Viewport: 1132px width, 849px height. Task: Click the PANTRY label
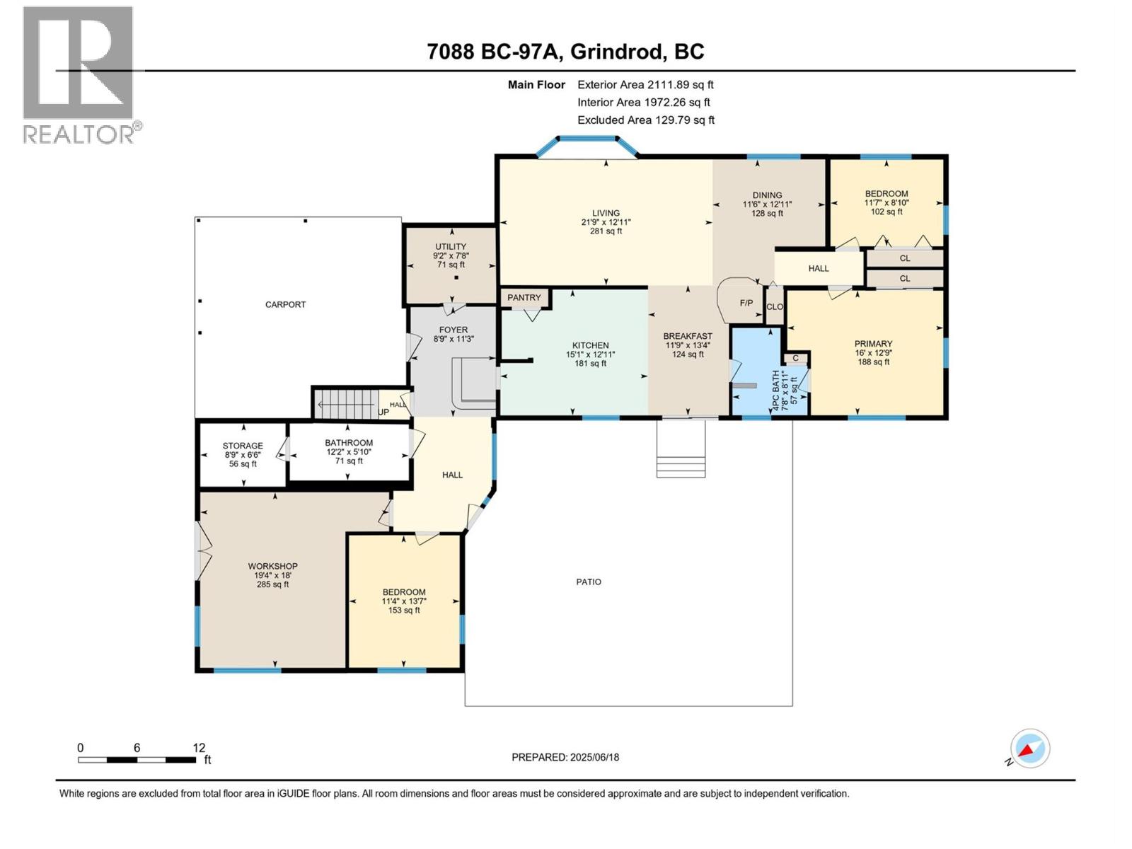point(524,298)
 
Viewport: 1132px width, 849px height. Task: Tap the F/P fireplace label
point(746,303)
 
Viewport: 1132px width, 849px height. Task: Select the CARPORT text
point(285,305)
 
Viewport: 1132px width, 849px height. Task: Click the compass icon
point(1029,749)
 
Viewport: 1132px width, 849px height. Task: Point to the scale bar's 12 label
point(199,748)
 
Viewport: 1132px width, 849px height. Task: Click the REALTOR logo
point(79,74)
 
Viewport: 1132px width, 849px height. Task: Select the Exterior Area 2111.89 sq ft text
point(645,85)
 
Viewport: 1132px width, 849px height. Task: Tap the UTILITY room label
point(451,247)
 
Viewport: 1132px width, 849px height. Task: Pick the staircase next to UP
point(345,404)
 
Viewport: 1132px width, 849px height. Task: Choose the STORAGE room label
point(243,446)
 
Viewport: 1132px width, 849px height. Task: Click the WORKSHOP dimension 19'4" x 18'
point(272,575)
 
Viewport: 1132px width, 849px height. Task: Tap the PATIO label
point(589,582)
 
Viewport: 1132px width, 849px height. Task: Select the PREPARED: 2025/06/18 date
point(565,757)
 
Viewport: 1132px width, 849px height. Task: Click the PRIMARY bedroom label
point(873,344)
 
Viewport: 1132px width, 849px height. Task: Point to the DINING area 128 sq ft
point(767,213)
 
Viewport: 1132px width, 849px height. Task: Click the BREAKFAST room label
point(688,336)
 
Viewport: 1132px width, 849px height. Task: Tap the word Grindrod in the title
point(617,52)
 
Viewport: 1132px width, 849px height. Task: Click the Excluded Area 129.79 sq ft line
point(645,120)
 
